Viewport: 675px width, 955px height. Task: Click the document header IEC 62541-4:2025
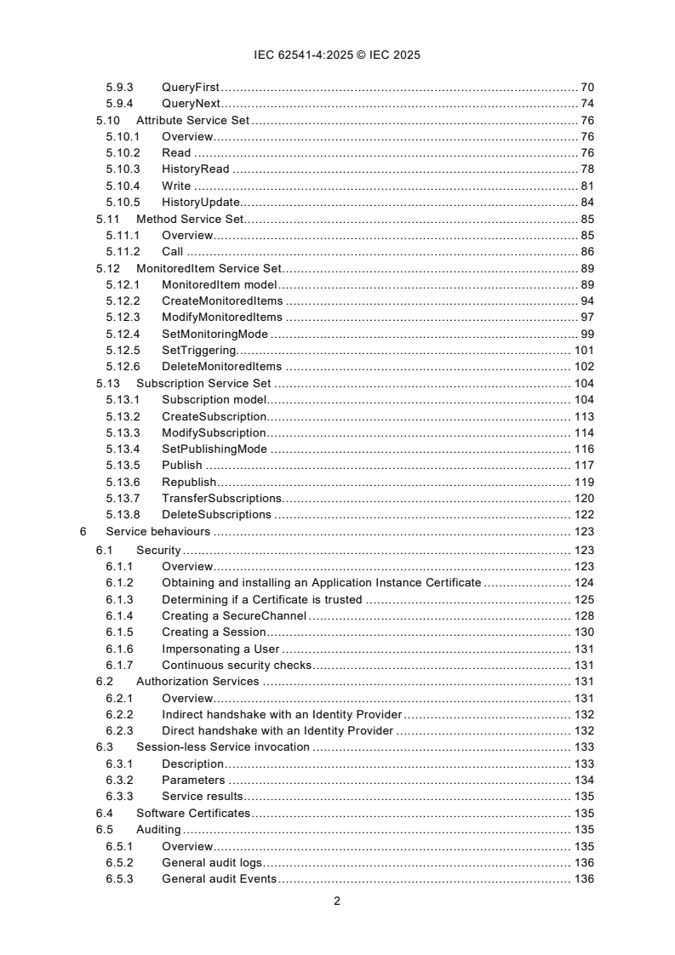pos(337,54)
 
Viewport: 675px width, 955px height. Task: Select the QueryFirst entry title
pos(191,88)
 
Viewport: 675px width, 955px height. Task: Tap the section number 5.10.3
pos(123,169)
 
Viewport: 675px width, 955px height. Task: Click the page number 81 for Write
pos(586,186)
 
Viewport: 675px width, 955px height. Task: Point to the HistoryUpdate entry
pos(201,202)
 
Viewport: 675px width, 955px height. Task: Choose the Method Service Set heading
pos(190,219)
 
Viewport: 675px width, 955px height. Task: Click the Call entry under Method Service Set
pos(173,251)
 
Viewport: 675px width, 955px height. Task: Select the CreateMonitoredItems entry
pos(222,301)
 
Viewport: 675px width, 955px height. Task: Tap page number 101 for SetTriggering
pos(583,350)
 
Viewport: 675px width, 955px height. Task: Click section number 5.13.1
pos(123,399)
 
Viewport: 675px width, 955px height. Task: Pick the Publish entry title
pos(182,465)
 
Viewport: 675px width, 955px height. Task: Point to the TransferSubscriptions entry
pos(221,498)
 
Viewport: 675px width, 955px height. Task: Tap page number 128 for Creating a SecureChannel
pos(583,615)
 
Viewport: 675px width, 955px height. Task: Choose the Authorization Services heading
pos(197,681)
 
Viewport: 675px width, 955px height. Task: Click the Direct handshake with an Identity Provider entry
pos(277,730)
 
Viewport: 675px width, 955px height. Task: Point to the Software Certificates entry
pos(193,813)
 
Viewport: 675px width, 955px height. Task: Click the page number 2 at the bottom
pos(337,901)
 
